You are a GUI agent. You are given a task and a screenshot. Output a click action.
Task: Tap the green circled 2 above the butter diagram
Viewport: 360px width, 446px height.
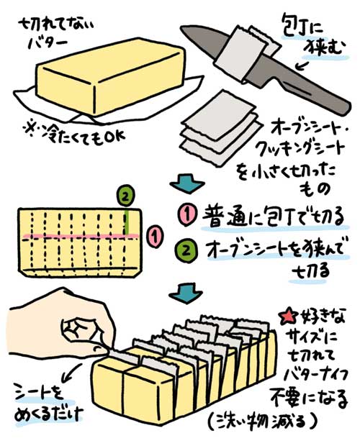coord(125,195)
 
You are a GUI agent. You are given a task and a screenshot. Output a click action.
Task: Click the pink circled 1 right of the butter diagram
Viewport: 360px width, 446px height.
coord(153,236)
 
